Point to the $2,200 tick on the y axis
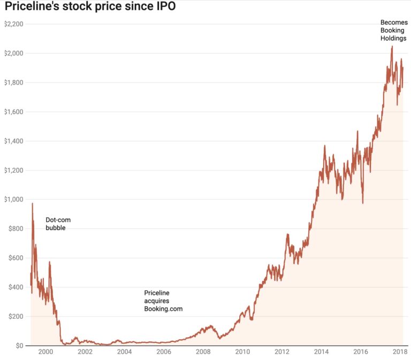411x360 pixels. click(14, 24)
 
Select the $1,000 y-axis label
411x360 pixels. click(14, 200)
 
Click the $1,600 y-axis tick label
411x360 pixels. click(14, 112)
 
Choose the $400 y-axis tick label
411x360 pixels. click(16, 287)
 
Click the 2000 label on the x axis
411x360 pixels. click(45, 353)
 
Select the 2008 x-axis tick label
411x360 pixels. click(203, 353)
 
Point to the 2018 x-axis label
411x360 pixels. click(400, 353)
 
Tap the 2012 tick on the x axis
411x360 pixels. click(282, 353)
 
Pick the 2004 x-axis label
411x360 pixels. click(124, 353)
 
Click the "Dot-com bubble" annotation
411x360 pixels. click(58, 224)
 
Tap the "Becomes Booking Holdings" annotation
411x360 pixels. click(393, 30)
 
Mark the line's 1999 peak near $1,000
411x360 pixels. click(33, 203)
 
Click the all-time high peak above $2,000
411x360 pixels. click(392, 47)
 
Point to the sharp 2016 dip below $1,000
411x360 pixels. click(363, 203)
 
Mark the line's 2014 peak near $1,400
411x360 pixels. click(324, 145)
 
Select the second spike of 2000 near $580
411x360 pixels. click(50, 262)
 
